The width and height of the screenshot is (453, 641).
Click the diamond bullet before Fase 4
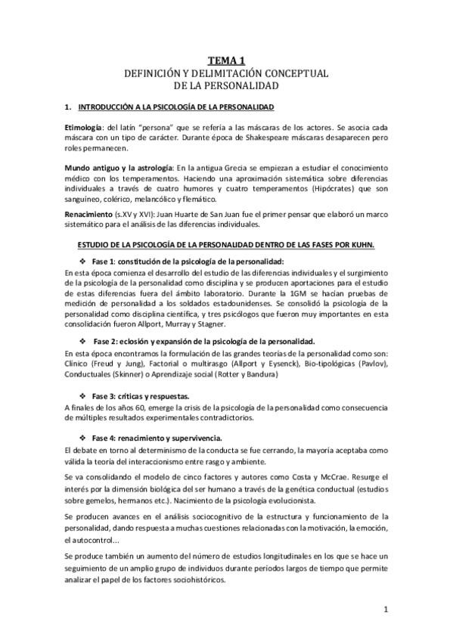[x=82, y=438]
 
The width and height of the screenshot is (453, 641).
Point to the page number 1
[x=386, y=608]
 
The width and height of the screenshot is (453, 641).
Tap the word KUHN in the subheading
[x=367, y=245]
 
